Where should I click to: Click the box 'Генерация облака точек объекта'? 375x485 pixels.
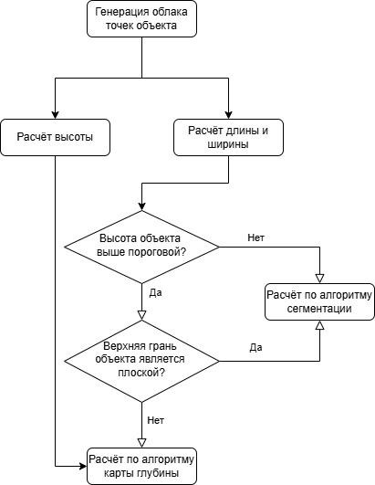pyautogui.click(x=141, y=18)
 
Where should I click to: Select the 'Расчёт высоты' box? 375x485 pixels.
pyautogui.click(x=55, y=137)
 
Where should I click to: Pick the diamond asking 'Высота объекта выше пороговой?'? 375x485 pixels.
pyautogui.click(x=141, y=246)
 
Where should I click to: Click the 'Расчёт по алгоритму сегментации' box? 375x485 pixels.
pyautogui.click(x=320, y=301)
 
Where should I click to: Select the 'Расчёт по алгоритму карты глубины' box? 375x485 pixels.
pyautogui.click(x=141, y=466)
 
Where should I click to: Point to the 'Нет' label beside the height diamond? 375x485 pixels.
pyautogui.click(x=257, y=237)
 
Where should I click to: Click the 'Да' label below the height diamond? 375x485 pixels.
pyautogui.click(x=154, y=293)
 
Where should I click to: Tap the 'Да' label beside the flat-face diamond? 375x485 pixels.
pyautogui.click(x=255, y=347)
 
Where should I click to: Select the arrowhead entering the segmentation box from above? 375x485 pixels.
pyautogui.click(x=320, y=278)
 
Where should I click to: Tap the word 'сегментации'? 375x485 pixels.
pyautogui.click(x=320, y=310)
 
